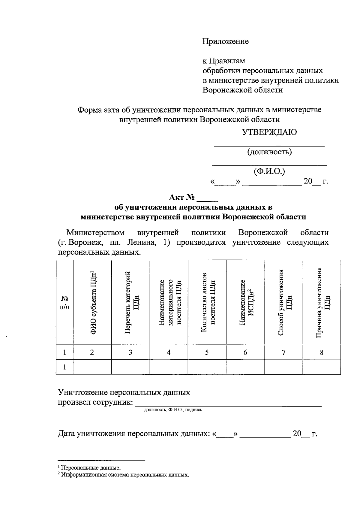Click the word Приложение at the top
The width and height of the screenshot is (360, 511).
click(x=226, y=41)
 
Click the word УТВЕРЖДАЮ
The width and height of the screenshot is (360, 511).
click(x=269, y=132)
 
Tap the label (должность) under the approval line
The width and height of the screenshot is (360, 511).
click(x=269, y=152)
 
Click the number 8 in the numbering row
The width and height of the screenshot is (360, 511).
click(x=322, y=352)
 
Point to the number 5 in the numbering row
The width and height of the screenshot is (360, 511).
click(x=207, y=352)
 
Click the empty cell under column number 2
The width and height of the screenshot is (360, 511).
click(x=92, y=367)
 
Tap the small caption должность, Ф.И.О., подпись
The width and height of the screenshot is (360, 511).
click(x=173, y=410)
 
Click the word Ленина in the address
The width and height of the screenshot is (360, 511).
click(x=142, y=242)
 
